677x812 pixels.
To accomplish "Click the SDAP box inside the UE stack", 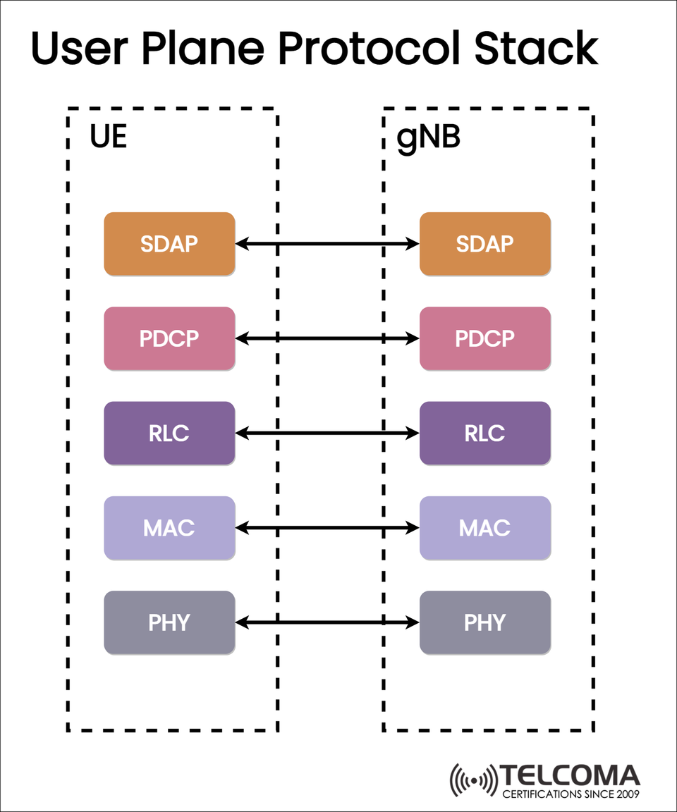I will pos(169,244).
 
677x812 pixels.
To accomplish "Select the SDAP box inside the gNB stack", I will pos(485,244).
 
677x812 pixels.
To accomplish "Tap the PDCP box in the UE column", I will pos(169,338).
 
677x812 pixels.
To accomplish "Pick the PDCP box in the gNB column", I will pos(485,338).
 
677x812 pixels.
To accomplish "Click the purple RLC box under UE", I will pos(169,433).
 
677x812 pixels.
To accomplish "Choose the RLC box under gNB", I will pos(485,433).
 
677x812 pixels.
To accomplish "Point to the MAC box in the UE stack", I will pos(169,528).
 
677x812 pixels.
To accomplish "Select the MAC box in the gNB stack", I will pos(485,528).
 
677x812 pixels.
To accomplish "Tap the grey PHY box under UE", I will pos(169,622).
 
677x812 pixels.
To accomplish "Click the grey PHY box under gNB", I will pos(485,622).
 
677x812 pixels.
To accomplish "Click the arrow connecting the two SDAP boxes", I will pos(327,244).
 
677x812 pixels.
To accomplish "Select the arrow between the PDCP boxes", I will pos(327,338).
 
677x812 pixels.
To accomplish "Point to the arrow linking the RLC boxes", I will pos(327,433).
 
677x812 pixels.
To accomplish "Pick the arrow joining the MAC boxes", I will pos(327,528).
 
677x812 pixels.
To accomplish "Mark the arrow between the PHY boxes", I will pos(327,622).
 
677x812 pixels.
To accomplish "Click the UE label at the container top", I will pos(108,137).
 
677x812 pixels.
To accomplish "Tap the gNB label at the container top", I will pos(428,138).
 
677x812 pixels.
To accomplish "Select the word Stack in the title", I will pos(536,49).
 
